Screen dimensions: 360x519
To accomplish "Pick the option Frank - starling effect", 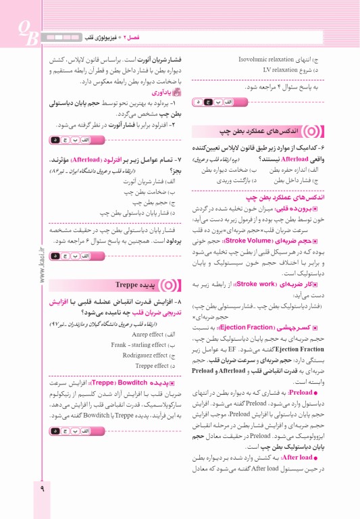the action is [x=138, y=345].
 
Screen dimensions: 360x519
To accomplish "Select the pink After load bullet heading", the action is [x=301, y=457].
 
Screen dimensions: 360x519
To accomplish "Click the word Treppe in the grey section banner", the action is [x=128, y=285].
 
